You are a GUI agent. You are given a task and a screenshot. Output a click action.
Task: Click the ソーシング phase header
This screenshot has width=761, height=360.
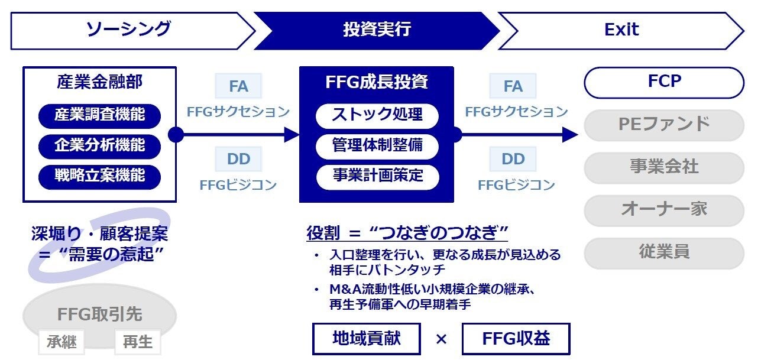[129, 30]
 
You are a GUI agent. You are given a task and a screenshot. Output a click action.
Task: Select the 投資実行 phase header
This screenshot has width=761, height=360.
[377, 30]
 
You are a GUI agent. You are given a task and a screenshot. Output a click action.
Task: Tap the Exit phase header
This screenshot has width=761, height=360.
[621, 30]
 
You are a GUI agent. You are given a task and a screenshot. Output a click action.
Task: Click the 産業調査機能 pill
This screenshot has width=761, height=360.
[99, 115]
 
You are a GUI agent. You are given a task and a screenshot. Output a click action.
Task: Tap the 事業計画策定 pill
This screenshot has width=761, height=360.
[377, 176]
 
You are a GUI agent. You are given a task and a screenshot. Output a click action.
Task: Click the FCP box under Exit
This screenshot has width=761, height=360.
[664, 82]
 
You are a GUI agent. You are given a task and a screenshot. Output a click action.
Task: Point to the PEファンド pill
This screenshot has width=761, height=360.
[664, 125]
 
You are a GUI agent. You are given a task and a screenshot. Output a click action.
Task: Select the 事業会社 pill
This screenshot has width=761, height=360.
[664, 167]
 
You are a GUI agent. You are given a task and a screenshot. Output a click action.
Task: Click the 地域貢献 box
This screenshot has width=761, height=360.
[366, 339]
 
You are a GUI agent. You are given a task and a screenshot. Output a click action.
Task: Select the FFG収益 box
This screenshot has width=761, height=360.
[516, 339]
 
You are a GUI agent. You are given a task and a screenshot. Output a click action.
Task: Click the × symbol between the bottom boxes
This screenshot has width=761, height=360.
[441, 339]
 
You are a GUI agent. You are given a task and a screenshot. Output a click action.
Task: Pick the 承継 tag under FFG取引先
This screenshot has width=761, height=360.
[61, 342]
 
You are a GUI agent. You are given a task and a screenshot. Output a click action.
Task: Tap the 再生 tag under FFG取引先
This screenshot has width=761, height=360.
[137, 342]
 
